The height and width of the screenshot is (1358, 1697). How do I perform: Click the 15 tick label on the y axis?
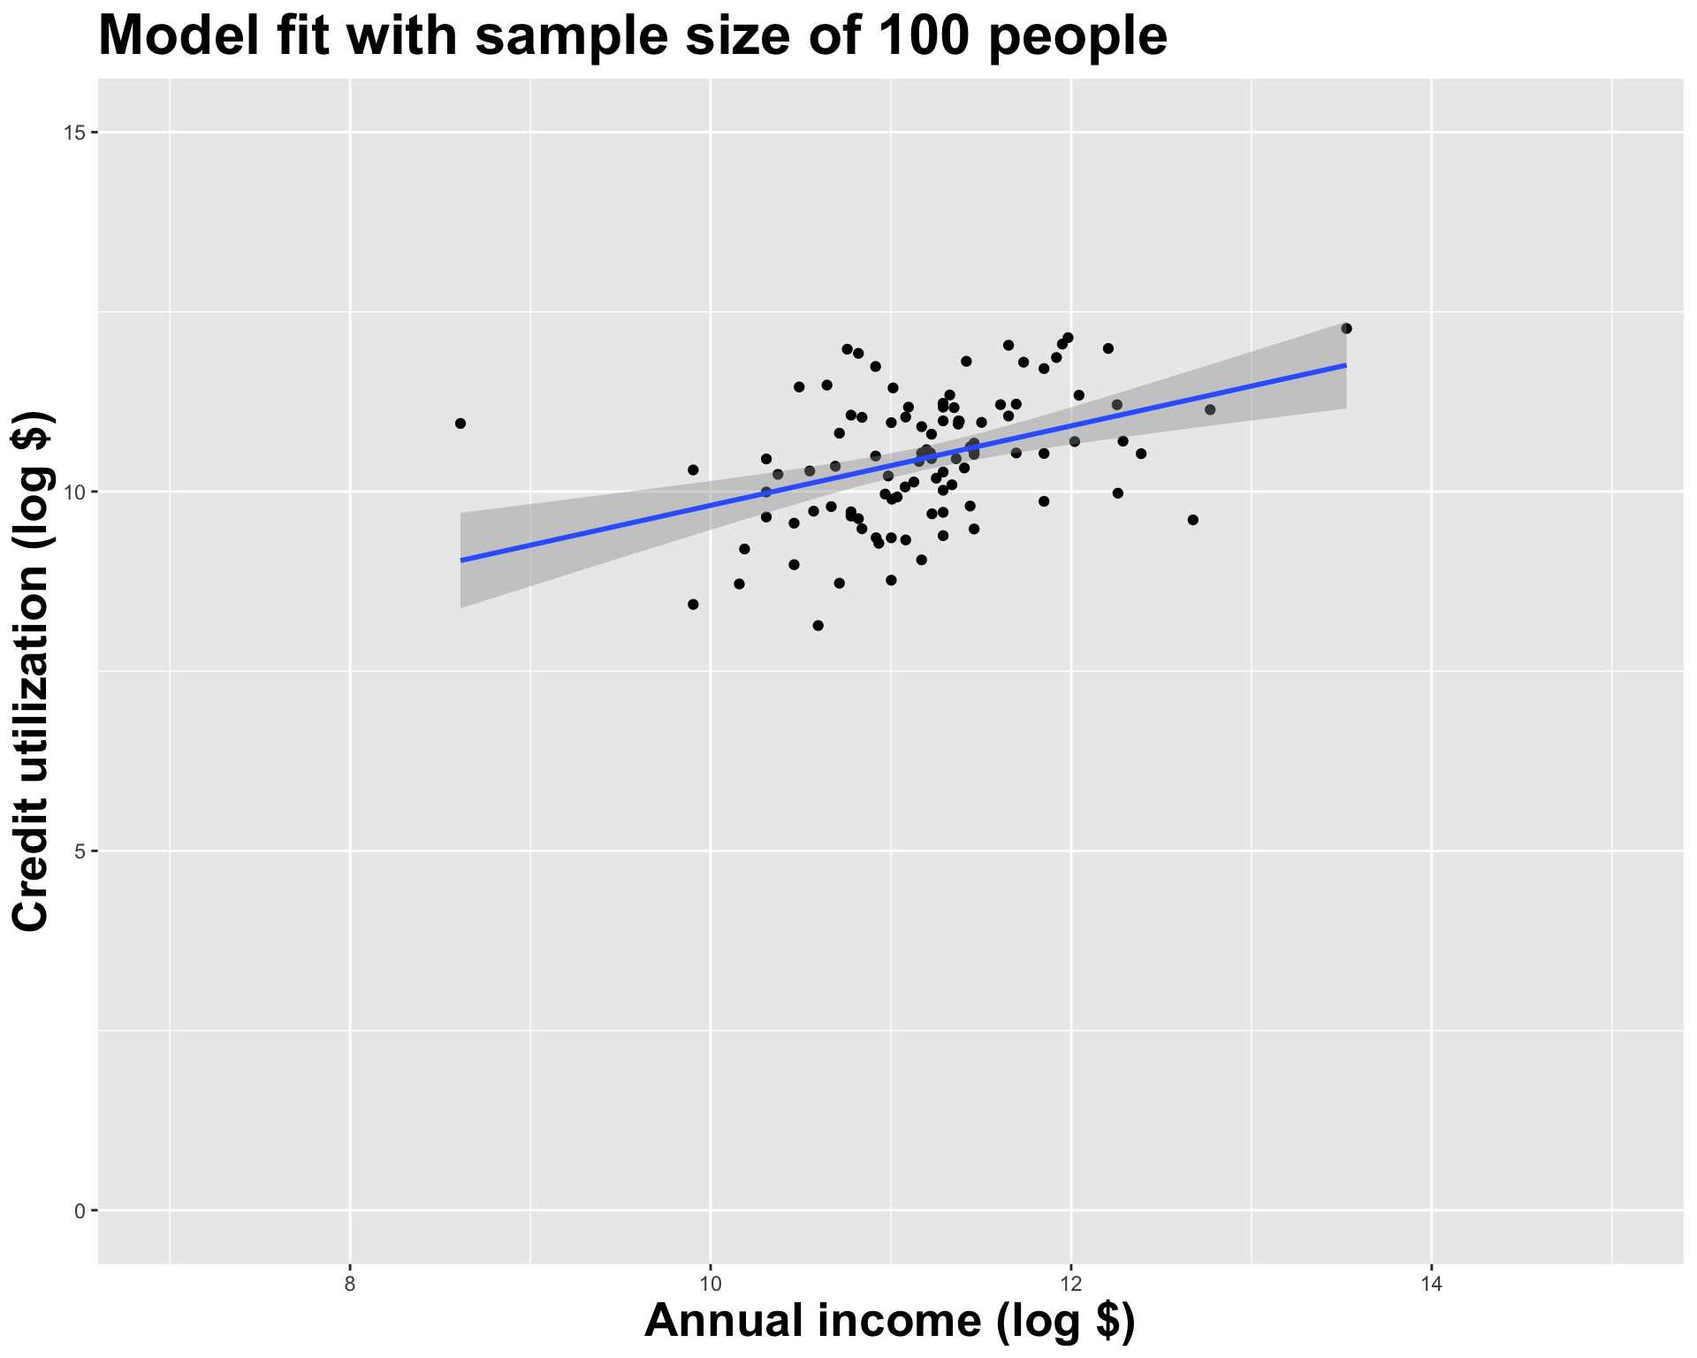click(x=75, y=133)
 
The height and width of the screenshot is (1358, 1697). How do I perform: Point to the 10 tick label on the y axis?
click(x=75, y=492)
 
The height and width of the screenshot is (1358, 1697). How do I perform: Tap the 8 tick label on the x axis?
click(x=350, y=1284)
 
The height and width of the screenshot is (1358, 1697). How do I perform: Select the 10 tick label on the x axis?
click(x=710, y=1284)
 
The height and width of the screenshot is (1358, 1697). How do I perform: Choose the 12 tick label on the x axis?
click(x=1070, y=1284)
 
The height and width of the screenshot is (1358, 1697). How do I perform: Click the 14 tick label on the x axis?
click(x=1431, y=1284)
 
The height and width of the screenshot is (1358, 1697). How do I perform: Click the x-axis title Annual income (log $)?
click(x=890, y=1322)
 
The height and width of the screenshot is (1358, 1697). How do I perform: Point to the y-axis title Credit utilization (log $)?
click(x=32, y=672)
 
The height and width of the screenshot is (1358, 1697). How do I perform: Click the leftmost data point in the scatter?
click(x=460, y=423)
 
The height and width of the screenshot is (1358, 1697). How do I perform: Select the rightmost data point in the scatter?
click(x=1346, y=329)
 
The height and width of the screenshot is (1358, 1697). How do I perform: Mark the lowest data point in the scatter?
click(x=818, y=626)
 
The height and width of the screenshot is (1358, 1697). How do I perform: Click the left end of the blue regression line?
click(x=461, y=561)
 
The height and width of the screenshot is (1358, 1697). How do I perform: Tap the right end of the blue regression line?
click(x=1345, y=364)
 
